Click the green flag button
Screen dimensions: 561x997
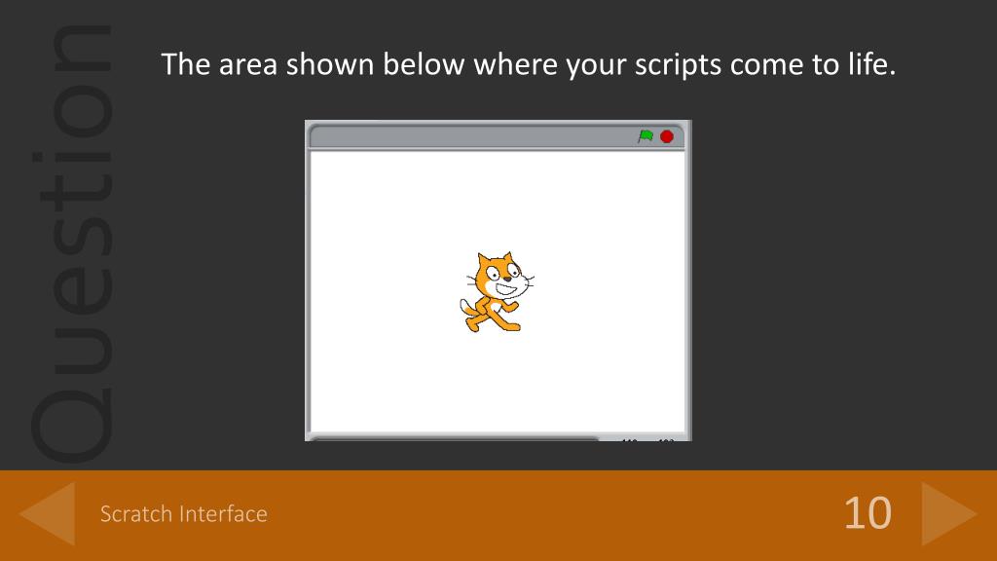point(646,136)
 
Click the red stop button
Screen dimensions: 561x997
point(667,136)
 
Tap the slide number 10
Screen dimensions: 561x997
point(867,512)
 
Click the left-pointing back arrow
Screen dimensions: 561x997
point(48,513)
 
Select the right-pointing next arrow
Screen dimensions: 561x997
point(947,513)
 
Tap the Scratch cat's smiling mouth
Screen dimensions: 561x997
point(507,288)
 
